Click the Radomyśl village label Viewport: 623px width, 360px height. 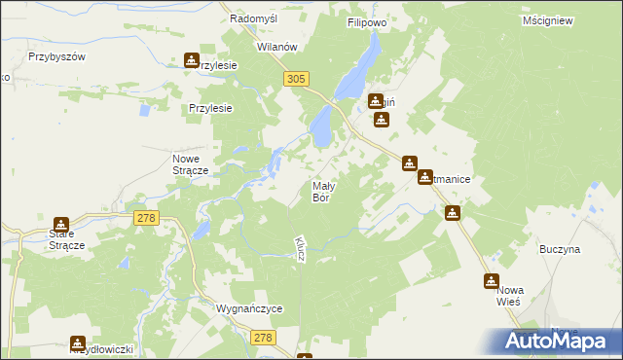[x=255, y=18]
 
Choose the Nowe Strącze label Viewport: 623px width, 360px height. [x=191, y=164]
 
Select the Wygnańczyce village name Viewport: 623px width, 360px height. [x=249, y=308]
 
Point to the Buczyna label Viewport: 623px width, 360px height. [x=560, y=249]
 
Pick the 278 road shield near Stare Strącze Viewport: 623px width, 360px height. [x=146, y=221]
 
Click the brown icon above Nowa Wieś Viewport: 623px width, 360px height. [x=492, y=281]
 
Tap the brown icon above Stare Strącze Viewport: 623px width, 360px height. [x=61, y=224]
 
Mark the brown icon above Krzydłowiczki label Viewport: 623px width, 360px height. [x=78, y=342]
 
